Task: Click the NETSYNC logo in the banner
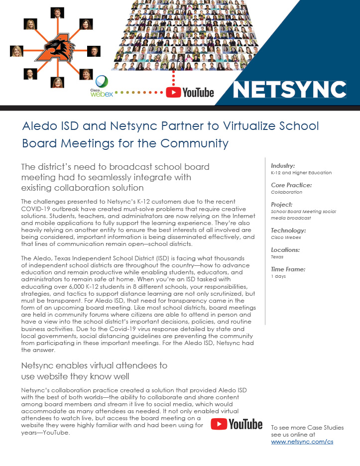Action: point(290,90)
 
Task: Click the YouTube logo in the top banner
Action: point(190,92)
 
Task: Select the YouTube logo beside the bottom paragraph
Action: point(237,424)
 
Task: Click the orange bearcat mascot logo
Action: point(56,50)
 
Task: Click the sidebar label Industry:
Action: point(283,165)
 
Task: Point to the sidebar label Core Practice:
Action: point(291,185)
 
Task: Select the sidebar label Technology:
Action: point(288,231)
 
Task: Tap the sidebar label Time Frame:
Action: point(288,269)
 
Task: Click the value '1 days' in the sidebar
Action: point(278,276)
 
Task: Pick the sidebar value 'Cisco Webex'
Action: point(286,237)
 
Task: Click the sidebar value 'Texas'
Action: point(277,257)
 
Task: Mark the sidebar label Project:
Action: point(282,204)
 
